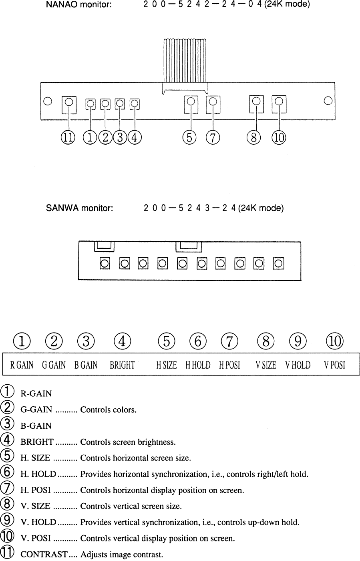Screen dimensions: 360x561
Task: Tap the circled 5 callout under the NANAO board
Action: pyautogui.click(x=189, y=137)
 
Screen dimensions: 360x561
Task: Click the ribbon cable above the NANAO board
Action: pyautogui.click(x=185, y=60)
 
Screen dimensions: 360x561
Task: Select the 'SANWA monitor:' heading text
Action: pyautogui.click(x=80, y=208)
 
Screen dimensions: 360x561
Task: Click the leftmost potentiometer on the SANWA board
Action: pyautogui.click(x=105, y=264)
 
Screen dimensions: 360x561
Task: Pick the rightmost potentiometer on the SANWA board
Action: pyautogui.click(x=279, y=264)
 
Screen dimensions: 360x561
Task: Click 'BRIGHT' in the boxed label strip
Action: pyautogui.click(x=122, y=365)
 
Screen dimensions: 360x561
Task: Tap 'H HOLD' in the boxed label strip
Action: pyautogui.click(x=198, y=365)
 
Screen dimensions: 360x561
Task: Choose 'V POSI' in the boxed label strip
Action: pyautogui.click(x=335, y=365)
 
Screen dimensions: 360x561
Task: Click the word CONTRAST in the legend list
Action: pyautogui.click(x=44, y=555)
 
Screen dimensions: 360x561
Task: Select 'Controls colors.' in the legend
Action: pyautogui.click(x=109, y=410)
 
